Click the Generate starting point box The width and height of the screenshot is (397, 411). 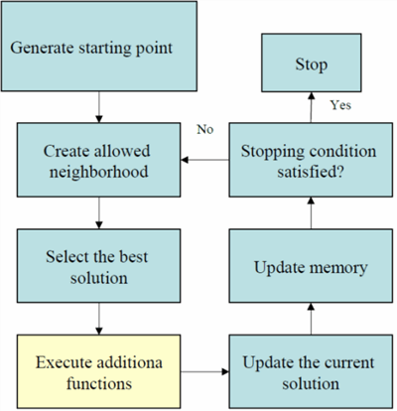[x=99, y=46]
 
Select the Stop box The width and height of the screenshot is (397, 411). [x=312, y=63]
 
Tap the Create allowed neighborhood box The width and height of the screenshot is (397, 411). [x=99, y=160]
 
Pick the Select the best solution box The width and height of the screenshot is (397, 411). [x=99, y=266]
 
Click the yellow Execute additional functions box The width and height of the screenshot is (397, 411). [x=99, y=371]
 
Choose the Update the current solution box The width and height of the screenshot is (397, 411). [x=311, y=371]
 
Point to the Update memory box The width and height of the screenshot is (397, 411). [x=311, y=266]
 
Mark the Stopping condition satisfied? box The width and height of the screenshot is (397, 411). [x=311, y=160]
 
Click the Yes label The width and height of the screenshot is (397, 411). [x=340, y=105]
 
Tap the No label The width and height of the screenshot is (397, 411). [x=205, y=129]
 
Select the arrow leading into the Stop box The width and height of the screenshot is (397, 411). [x=311, y=107]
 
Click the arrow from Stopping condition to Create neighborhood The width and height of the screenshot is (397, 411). [x=205, y=160]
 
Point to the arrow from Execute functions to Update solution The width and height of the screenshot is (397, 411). [x=205, y=371]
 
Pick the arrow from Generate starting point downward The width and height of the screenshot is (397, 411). [x=99, y=107]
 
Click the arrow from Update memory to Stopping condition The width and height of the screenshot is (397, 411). [x=311, y=213]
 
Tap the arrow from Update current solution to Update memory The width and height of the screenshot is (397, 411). [x=311, y=319]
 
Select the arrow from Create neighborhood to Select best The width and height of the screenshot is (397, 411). [x=99, y=213]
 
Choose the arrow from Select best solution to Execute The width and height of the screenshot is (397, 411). [x=99, y=319]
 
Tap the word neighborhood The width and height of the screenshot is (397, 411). [x=99, y=172]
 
